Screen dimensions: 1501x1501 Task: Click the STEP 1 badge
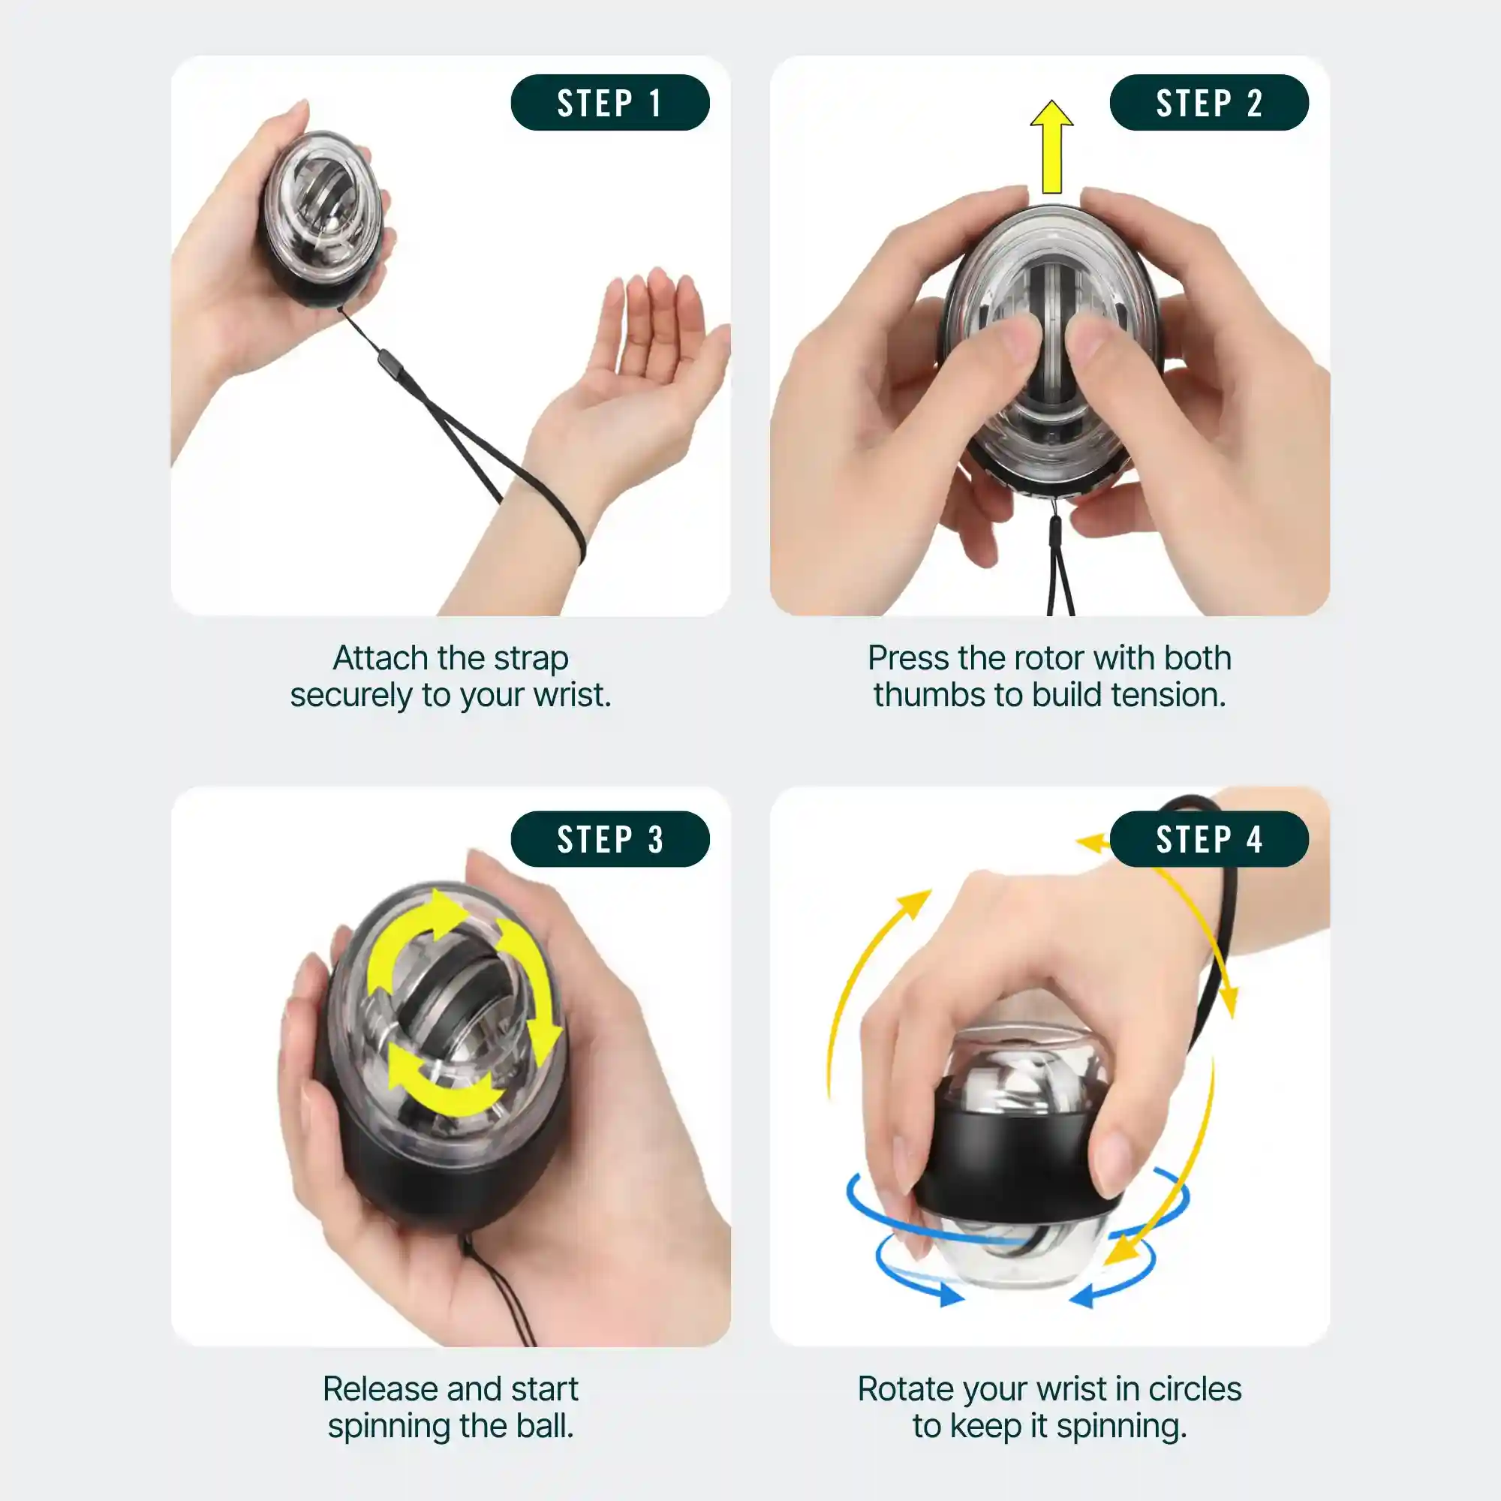coord(610,103)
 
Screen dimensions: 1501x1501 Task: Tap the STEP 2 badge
coord(1208,103)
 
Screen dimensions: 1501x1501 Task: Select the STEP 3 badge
coord(610,839)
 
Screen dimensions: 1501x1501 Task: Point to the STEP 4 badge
coord(1208,839)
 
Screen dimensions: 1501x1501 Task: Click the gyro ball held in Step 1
coord(321,218)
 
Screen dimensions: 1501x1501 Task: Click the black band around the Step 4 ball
coord(1010,1157)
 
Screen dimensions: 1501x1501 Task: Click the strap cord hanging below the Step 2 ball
coord(1056,567)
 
